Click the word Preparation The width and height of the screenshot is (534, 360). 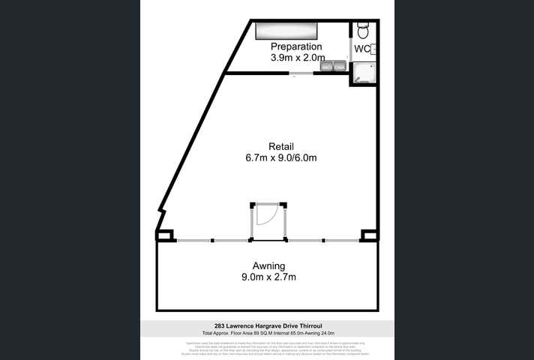click(x=296, y=46)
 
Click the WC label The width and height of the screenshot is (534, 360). click(x=361, y=49)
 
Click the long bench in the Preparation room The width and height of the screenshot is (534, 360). click(x=286, y=30)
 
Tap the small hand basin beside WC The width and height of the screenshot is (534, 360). click(x=373, y=49)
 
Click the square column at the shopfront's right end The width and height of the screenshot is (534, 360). click(x=367, y=236)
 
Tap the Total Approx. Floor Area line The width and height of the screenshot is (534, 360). click(x=267, y=333)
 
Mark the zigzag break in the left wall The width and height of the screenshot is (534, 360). click(x=160, y=220)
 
